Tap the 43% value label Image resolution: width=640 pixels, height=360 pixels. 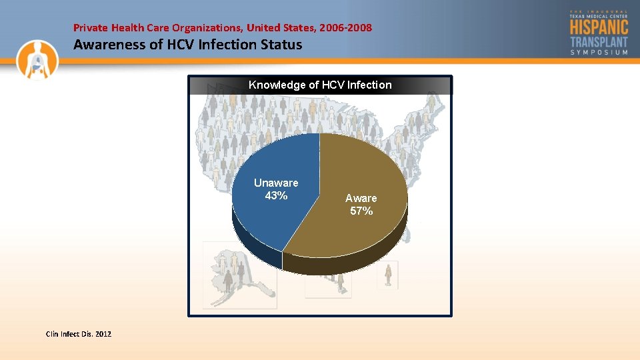[276, 195]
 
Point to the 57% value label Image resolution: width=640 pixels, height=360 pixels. [361, 211]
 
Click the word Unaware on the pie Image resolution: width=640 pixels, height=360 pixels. [276, 183]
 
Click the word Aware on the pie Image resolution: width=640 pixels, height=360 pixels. [361, 198]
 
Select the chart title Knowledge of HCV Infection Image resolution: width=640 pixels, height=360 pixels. [320, 85]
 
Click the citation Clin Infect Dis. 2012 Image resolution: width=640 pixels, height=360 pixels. [78, 333]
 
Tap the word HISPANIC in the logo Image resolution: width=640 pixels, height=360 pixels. [599, 27]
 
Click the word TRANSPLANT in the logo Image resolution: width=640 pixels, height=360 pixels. [599, 41]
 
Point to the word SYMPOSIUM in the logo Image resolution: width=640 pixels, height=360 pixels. [599, 52]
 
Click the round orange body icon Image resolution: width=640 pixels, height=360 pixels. [38, 59]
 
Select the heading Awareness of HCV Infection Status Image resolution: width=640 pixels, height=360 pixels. [187, 45]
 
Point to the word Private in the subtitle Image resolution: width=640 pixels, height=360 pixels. [89, 28]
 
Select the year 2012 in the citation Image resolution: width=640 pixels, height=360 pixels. [103, 333]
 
